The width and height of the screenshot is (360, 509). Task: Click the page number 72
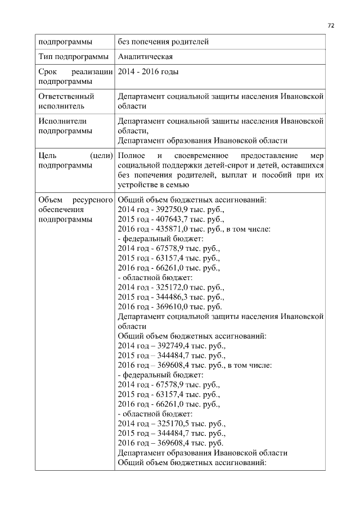331,25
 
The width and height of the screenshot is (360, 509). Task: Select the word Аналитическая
145,57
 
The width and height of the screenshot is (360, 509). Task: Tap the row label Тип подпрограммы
73,57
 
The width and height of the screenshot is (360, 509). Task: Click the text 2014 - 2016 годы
148,72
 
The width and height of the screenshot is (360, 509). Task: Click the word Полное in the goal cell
133,155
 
